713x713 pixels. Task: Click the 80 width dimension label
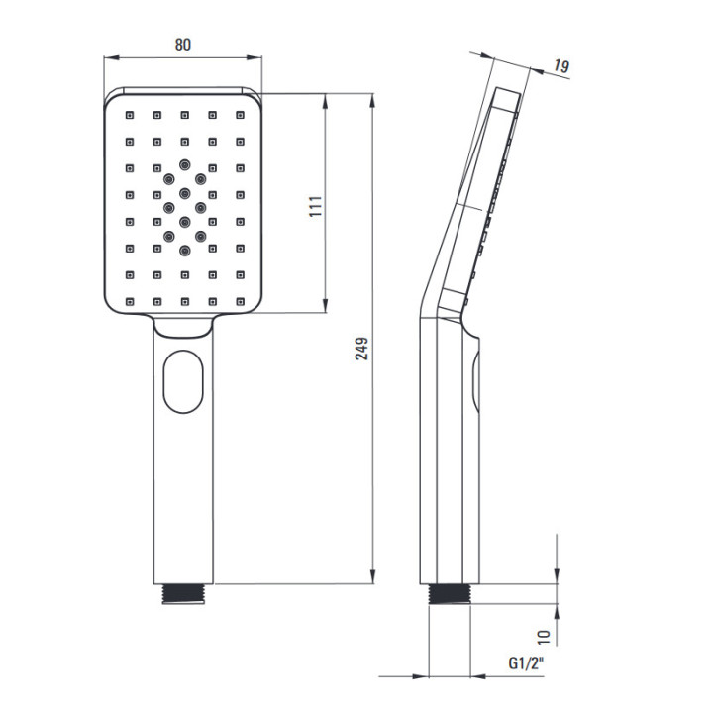pos(183,45)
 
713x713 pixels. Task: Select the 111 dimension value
pos(316,206)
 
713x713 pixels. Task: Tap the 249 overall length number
pos(362,349)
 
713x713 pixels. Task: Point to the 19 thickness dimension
pos(561,66)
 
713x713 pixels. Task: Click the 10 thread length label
pos(544,637)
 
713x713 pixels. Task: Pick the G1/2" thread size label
pos(526,663)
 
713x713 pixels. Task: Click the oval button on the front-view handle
pos(183,381)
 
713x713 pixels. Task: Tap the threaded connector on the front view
pos(183,594)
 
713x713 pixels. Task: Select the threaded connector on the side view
pos(450,594)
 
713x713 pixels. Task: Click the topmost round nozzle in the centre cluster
pos(184,164)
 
